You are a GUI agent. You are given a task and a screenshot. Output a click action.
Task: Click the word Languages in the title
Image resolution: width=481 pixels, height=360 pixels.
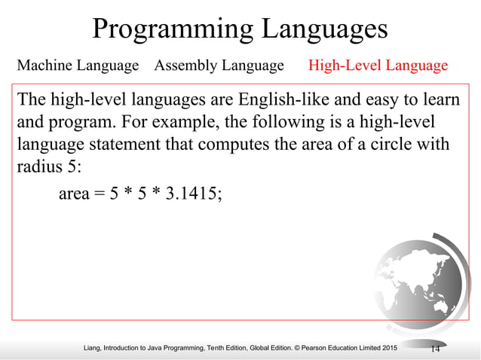325,29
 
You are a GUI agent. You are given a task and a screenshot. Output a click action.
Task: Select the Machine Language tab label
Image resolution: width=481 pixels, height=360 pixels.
78,66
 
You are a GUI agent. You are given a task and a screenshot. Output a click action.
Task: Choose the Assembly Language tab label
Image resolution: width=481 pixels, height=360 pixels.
219,66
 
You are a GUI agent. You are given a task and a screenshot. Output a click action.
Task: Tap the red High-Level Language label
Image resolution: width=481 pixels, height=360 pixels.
378,66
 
